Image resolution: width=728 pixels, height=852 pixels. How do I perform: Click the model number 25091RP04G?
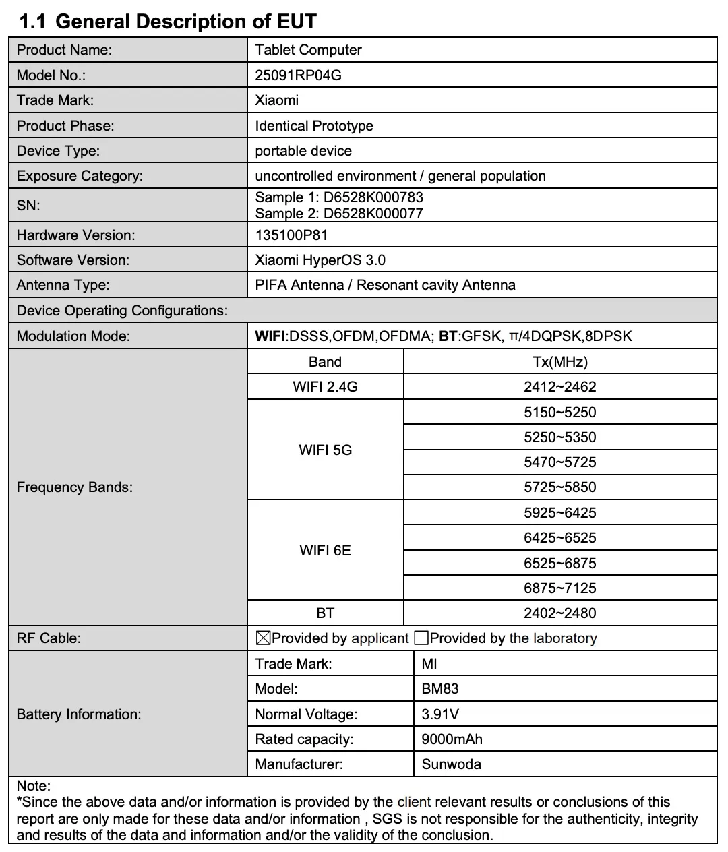tap(298, 75)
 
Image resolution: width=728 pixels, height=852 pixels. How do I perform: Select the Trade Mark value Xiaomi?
tap(276, 100)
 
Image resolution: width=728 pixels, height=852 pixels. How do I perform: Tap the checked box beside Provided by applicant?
tap(263, 638)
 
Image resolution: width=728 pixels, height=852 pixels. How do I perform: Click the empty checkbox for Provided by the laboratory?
tap(421, 638)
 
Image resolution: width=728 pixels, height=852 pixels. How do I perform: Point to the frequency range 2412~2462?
tap(559, 387)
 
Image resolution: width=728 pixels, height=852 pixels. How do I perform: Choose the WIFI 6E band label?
tap(325, 551)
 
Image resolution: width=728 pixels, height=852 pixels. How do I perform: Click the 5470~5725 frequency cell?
tap(559, 462)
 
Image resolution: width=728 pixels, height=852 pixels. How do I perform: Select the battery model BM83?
tap(439, 689)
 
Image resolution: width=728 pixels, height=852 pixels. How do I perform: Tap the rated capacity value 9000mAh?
tap(452, 739)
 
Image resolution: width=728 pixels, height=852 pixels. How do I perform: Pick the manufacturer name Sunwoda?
tap(451, 764)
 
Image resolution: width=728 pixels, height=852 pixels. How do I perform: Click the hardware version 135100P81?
tap(291, 235)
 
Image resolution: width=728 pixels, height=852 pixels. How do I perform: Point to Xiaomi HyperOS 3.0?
tap(320, 260)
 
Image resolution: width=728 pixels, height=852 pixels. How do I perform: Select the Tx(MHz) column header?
tap(559, 362)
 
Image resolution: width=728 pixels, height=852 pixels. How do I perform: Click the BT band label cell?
tap(325, 613)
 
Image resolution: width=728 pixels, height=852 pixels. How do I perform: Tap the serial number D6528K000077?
tap(373, 214)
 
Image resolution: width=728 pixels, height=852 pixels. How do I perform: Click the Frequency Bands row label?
tap(74, 487)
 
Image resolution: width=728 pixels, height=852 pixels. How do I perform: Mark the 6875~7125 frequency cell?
tap(559, 588)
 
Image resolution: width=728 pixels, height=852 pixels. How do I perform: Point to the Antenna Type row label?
tap(63, 285)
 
